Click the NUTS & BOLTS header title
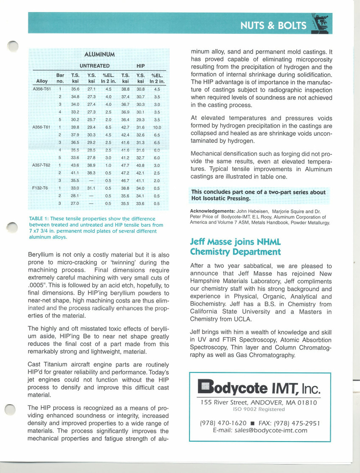273,26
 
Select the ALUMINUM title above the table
99,54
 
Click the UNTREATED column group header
95,66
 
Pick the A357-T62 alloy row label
41,165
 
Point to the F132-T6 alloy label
40,188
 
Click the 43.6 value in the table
75,165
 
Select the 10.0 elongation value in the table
157,127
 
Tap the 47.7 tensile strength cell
125,165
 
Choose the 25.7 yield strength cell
91,120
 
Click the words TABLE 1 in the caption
36,219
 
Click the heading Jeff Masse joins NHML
235,242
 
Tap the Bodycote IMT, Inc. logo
259,387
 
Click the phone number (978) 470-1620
223,423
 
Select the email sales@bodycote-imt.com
271,430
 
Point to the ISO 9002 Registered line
258,409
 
